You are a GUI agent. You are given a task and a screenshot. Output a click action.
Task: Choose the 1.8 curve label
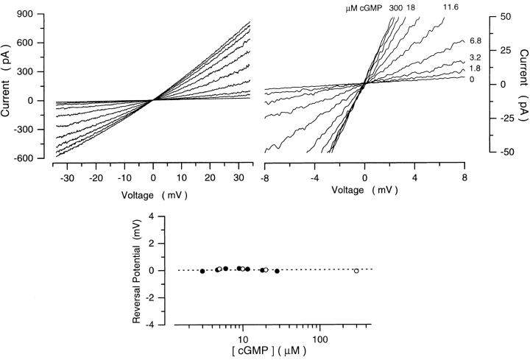pyautogui.click(x=475, y=68)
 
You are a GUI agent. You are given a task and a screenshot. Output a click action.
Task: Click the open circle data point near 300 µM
pyautogui.click(x=356, y=271)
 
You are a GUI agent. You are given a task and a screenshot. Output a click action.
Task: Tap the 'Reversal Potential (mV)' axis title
pyautogui.click(x=136, y=270)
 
